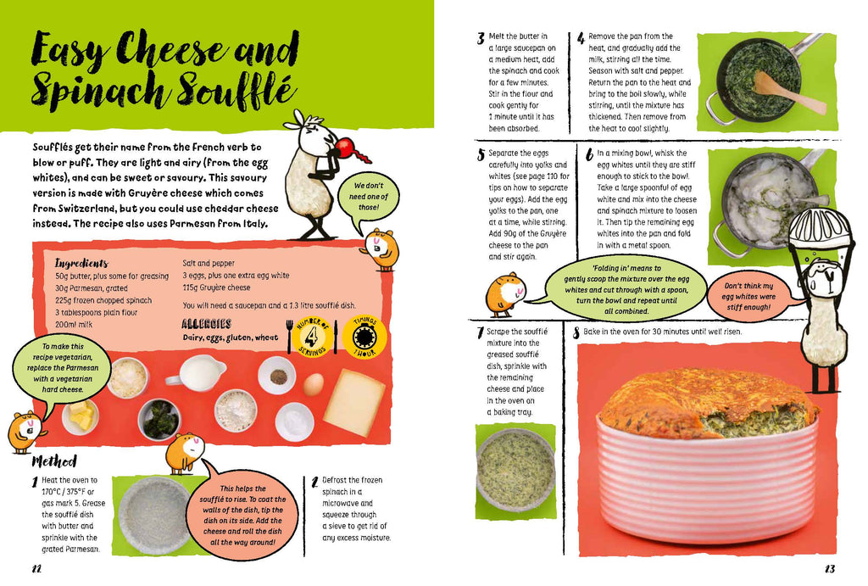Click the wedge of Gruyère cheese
(x=354, y=400)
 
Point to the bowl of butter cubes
(x=81, y=416)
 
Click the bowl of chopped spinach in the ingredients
(x=159, y=417)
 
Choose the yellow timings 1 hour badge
(x=364, y=336)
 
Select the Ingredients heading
(x=81, y=263)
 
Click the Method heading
(x=54, y=460)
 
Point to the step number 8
(x=576, y=332)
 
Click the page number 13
(x=829, y=569)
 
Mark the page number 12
(x=36, y=569)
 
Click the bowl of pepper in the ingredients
(x=278, y=376)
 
